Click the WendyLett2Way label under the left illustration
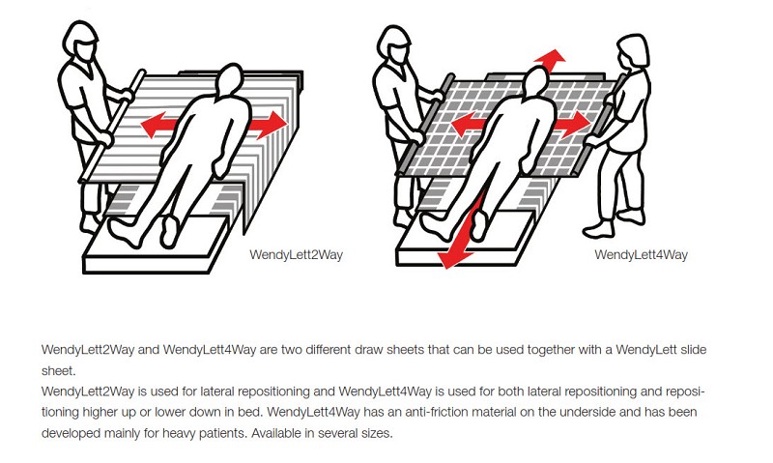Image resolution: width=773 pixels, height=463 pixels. [296, 254]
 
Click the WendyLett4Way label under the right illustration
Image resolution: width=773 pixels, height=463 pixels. [641, 254]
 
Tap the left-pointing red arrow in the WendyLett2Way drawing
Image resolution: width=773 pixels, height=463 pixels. [158, 124]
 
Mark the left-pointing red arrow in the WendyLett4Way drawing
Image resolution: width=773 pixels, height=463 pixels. [466, 124]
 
